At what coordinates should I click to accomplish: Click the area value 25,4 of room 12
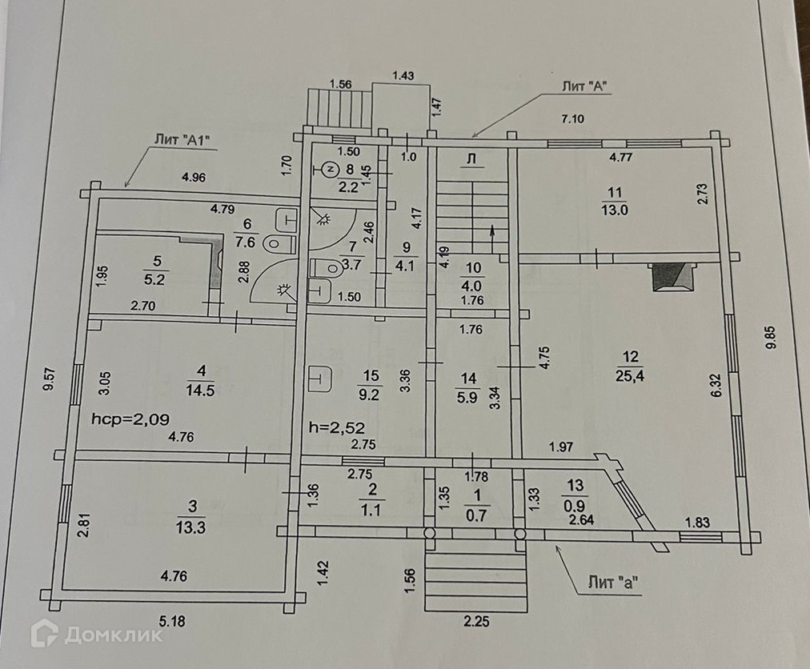click(628, 372)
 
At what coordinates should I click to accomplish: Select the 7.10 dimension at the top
click(574, 119)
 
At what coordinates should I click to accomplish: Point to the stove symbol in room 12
click(672, 277)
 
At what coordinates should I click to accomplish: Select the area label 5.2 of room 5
click(155, 280)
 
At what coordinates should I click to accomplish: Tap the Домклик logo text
click(112, 636)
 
